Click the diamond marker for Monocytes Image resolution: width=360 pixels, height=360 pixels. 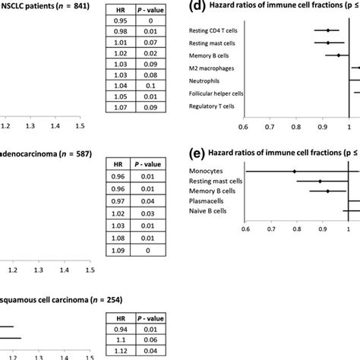tap(294, 171)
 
